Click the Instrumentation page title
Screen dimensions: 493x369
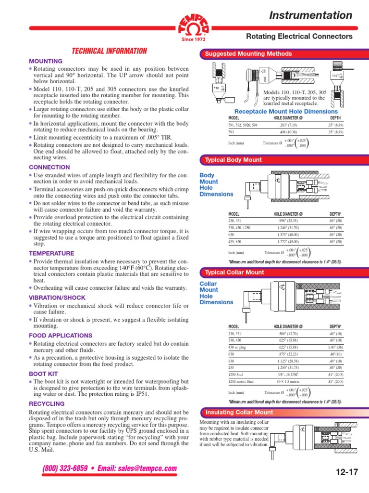(311, 15)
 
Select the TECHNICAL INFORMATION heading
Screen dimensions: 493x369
(109, 51)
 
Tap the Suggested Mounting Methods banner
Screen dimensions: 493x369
(248, 54)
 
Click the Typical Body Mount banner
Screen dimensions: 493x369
(233, 160)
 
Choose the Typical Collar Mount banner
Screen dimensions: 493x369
(234, 272)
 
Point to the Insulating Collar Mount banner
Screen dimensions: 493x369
(239, 412)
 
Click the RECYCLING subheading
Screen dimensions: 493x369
(47, 403)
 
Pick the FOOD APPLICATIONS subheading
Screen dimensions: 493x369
(61, 335)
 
